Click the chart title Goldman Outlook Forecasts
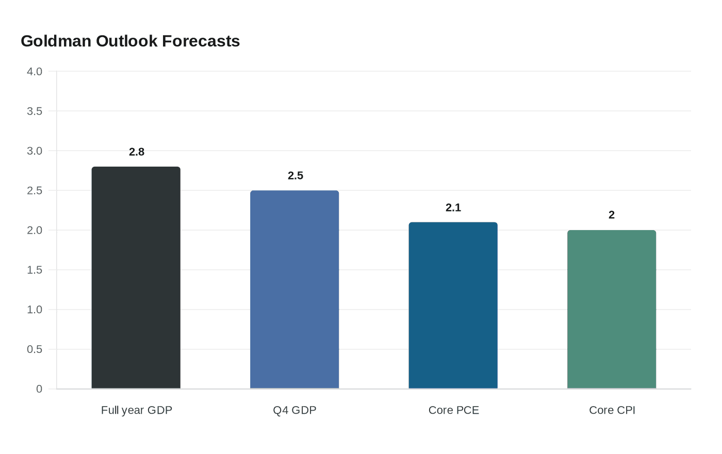coord(130,41)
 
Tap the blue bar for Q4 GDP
coord(294,289)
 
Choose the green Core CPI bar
coord(612,310)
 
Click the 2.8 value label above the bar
coord(137,152)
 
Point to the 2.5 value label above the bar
coord(296,176)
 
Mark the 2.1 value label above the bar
coord(453,208)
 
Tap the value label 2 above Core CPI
coord(612,215)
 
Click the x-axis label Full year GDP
coord(137,410)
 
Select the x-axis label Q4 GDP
coord(294,410)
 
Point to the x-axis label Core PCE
coord(454,410)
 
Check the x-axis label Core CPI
coord(612,410)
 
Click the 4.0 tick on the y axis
coord(35,72)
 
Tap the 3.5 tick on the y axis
coord(35,111)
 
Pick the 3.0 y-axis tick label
coord(35,151)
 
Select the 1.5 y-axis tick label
coord(35,270)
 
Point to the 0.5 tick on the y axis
coord(35,350)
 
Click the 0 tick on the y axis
coord(39,390)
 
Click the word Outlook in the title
coord(127,41)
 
